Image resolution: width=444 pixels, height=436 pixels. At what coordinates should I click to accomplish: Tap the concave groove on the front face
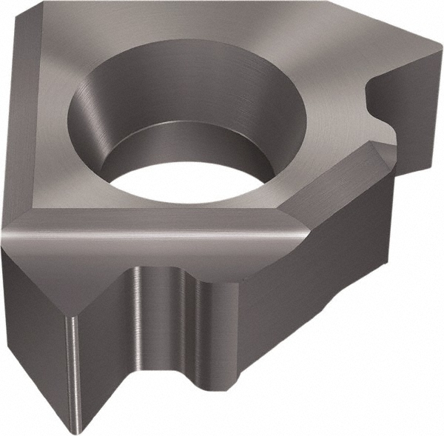pos(159,326)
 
